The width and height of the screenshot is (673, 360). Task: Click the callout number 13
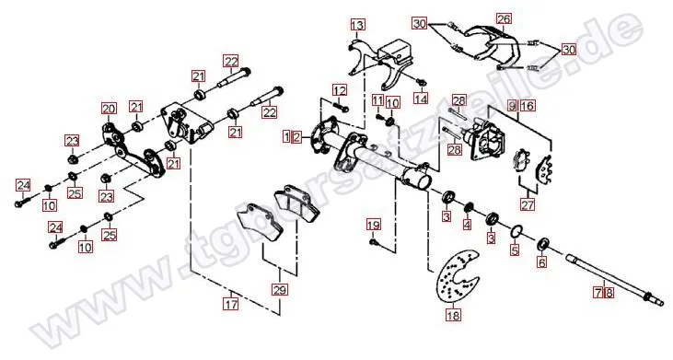[357, 25]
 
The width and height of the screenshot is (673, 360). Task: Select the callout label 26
[504, 19]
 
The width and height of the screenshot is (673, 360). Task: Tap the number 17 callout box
[230, 304]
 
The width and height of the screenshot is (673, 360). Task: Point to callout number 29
[279, 290]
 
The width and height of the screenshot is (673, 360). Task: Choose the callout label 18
[453, 316]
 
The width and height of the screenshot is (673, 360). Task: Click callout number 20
[109, 108]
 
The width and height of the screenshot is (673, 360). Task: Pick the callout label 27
[528, 204]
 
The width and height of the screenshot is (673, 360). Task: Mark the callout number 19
[374, 225]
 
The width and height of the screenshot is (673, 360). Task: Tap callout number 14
[421, 99]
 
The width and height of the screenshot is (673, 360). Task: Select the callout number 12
[340, 90]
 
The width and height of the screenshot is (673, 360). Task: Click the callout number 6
[542, 261]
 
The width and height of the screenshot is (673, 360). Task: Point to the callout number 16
[528, 105]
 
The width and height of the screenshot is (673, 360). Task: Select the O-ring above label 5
[516, 232]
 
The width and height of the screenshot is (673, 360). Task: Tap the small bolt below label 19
[374, 242]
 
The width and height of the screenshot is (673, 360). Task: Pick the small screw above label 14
[422, 81]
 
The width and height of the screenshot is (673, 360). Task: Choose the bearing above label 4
[469, 207]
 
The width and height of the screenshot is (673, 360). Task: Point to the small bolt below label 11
[378, 116]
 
